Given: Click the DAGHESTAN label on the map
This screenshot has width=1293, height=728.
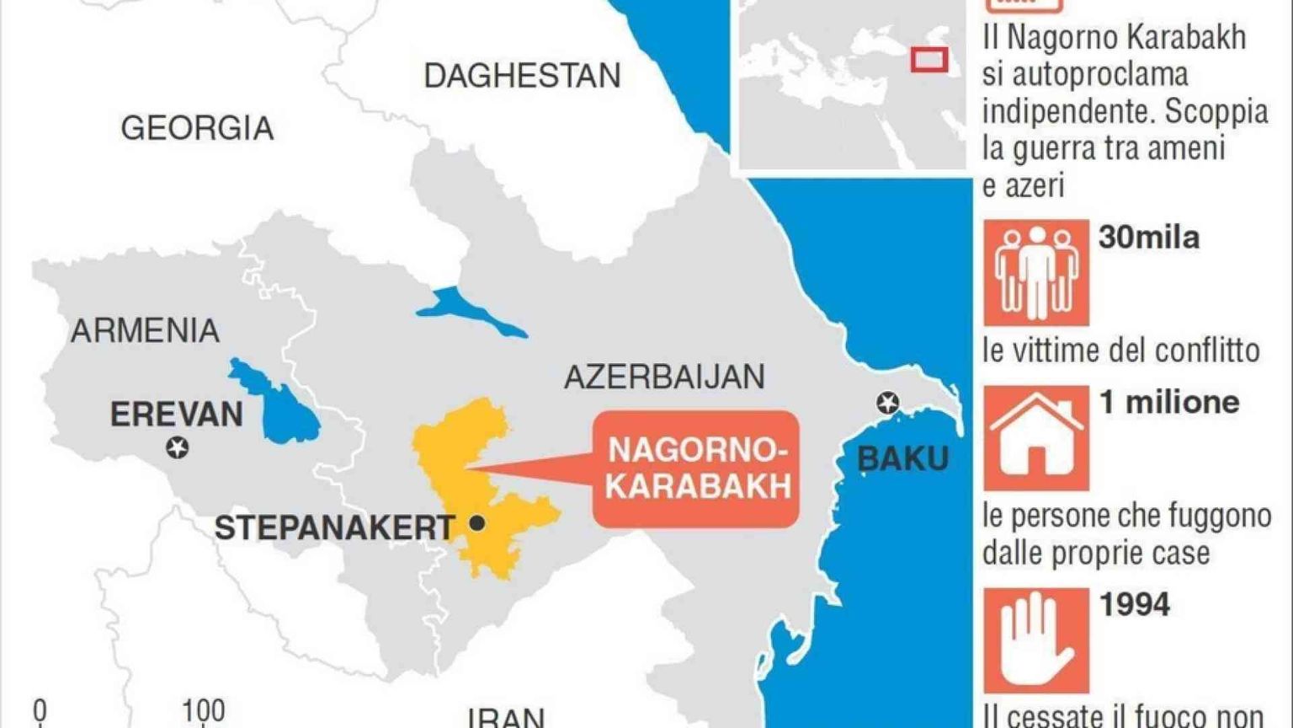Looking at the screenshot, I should click(522, 76).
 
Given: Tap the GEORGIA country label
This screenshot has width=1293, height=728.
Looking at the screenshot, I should click(197, 128).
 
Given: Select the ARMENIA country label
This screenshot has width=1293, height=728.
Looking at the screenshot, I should click(145, 330).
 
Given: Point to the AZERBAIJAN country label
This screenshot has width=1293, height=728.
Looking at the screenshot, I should click(664, 377).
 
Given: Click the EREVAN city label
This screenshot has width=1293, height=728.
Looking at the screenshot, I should click(177, 414).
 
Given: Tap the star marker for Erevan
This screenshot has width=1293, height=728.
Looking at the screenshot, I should click(177, 447).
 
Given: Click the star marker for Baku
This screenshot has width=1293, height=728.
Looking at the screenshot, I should click(887, 403).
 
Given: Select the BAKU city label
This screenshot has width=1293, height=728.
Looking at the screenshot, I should click(902, 459).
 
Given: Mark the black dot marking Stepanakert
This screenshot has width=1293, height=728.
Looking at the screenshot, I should click(476, 523).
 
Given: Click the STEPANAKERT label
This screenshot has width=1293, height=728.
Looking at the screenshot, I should click(334, 528).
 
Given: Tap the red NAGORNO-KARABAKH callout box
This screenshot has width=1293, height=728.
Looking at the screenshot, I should click(697, 468).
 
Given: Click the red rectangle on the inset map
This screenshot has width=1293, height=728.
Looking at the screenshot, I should click(929, 60).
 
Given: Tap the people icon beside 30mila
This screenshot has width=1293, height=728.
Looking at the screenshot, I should click(1035, 272).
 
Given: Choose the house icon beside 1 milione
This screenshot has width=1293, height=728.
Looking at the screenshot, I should click(1035, 438).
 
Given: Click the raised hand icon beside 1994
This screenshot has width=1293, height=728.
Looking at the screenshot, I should click(1035, 640).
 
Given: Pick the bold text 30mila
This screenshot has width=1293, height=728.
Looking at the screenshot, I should click(1148, 238).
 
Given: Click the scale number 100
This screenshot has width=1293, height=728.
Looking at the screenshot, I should click(203, 711).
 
